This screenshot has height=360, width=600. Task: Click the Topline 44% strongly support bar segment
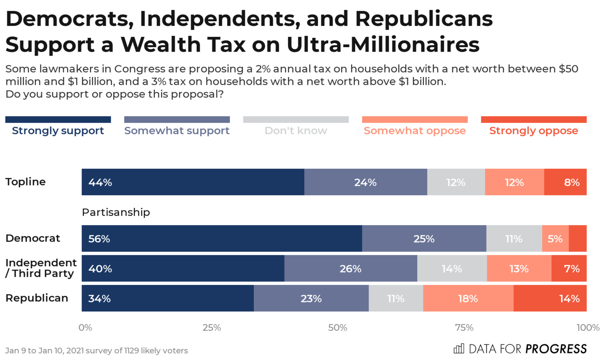(x=193, y=182)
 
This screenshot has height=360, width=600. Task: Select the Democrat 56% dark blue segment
(x=222, y=238)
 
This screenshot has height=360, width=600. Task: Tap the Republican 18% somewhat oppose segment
(x=468, y=298)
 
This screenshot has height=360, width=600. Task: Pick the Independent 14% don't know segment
(x=452, y=268)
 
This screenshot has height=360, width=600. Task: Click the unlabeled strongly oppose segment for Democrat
(x=578, y=238)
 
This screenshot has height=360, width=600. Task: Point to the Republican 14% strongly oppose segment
(x=550, y=298)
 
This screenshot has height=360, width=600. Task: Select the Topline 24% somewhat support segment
(x=366, y=182)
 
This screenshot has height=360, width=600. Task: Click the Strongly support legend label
(x=58, y=131)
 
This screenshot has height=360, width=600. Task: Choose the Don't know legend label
(x=296, y=131)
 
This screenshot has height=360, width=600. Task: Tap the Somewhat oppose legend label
(x=414, y=131)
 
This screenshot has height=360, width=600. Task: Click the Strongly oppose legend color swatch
(x=534, y=120)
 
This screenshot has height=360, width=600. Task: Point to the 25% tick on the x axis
(x=212, y=328)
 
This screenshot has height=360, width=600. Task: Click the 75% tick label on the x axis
(x=464, y=328)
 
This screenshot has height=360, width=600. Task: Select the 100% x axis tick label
(x=588, y=328)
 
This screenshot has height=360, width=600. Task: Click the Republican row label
(x=37, y=298)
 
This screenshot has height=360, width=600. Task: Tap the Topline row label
(x=26, y=182)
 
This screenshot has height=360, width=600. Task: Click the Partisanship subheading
(x=116, y=212)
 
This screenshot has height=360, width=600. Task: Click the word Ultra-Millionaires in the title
(x=383, y=44)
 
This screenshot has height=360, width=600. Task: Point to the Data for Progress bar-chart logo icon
(x=459, y=348)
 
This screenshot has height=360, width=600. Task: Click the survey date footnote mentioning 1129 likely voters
(x=96, y=350)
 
